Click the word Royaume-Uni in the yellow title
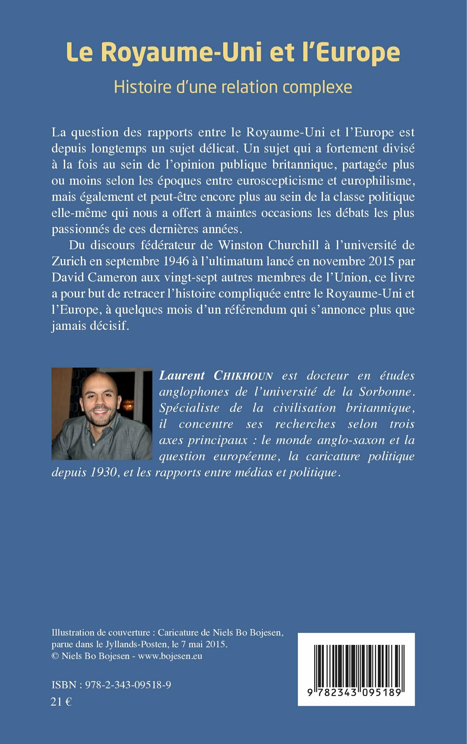181,52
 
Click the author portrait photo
102,414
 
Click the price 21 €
61,702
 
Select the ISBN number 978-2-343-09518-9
128,685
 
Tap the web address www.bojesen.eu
170,656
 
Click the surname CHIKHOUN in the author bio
243,376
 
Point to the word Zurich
69,261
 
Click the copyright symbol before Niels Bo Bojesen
55,656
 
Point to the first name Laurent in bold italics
182,376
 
